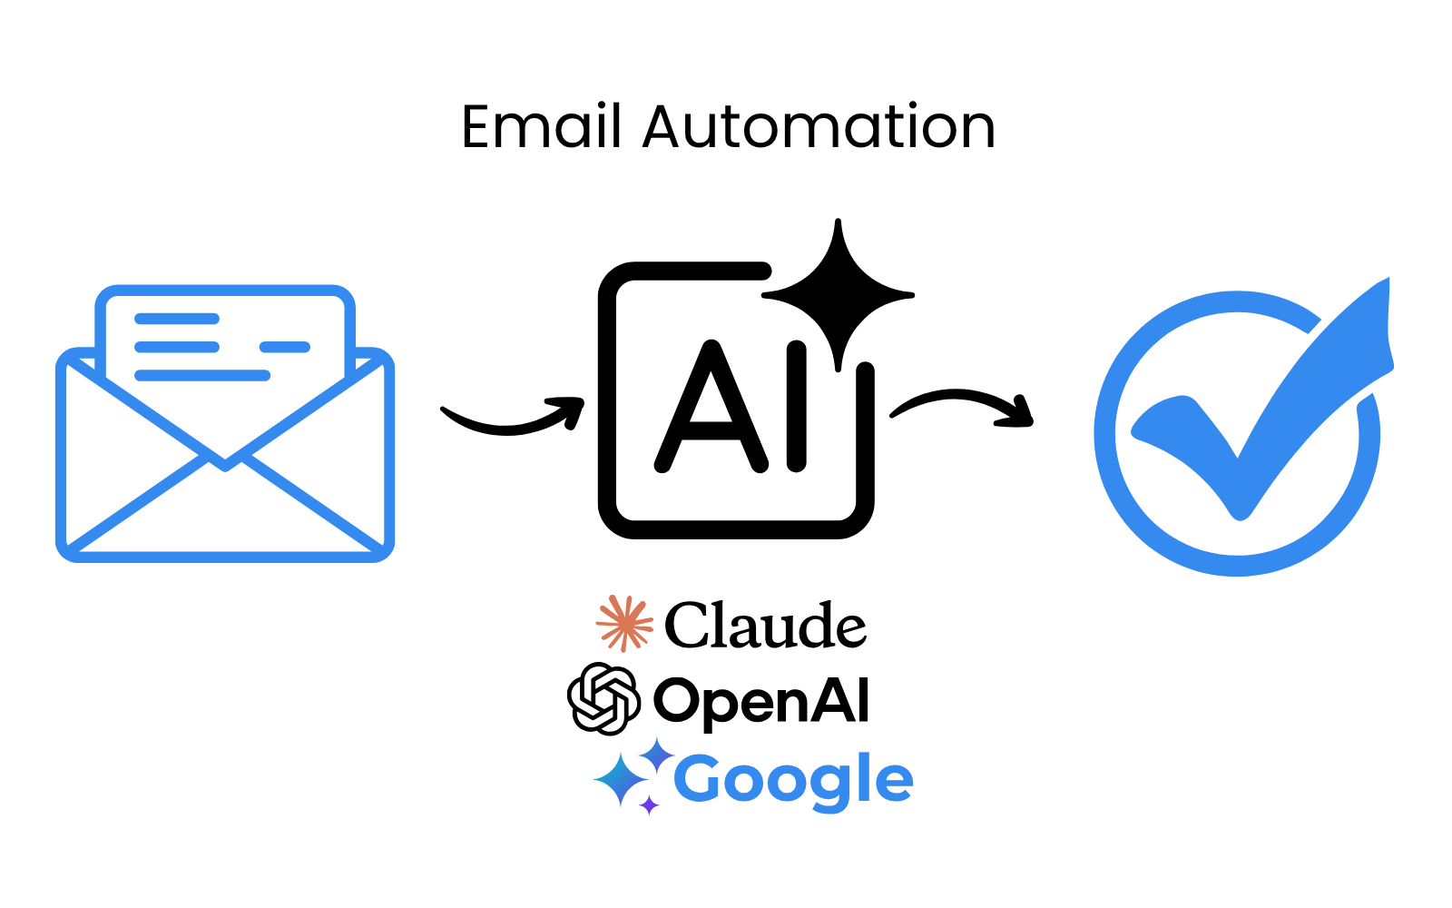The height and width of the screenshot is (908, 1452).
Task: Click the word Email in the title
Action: (x=541, y=126)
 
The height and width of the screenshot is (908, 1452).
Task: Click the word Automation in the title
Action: (x=819, y=126)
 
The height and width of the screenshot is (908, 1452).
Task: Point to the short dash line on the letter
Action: (x=285, y=347)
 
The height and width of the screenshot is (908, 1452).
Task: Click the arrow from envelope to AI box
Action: (x=513, y=419)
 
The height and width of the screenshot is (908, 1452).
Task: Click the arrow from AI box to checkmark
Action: (x=962, y=404)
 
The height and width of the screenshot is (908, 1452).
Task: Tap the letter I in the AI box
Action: (x=796, y=407)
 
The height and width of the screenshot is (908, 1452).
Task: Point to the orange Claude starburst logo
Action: (x=624, y=623)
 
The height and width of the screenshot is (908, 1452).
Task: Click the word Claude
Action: (x=765, y=626)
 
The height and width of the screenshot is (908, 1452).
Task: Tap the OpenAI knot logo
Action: (x=603, y=699)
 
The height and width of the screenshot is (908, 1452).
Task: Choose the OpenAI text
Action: (x=760, y=701)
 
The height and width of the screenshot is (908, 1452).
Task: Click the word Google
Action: (x=793, y=780)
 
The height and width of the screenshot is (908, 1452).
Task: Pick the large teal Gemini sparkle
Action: (x=621, y=779)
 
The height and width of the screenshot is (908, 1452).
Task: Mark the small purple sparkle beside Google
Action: (x=649, y=804)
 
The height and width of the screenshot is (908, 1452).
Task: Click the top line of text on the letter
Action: (x=177, y=319)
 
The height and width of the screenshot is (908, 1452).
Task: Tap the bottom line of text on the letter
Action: (x=202, y=375)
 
